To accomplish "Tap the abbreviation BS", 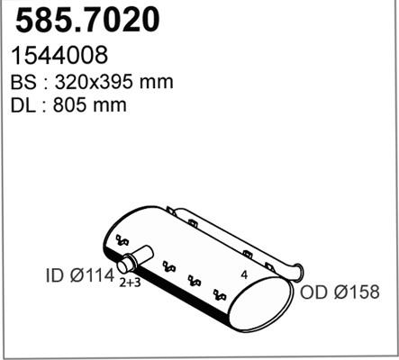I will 23,82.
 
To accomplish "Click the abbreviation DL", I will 23,105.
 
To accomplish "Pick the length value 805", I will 75,105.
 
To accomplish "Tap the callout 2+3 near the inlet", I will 130,283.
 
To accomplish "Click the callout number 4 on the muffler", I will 243,274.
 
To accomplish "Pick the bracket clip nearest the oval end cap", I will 218,294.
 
